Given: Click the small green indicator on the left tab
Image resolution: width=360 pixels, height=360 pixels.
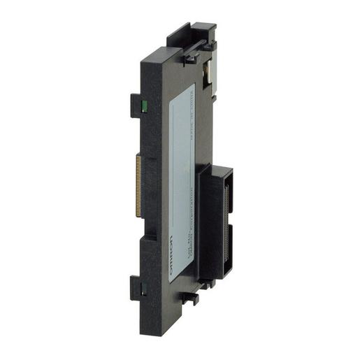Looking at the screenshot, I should tap(142, 107).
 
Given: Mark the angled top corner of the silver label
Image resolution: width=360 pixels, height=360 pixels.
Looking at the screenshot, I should tap(192, 86).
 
